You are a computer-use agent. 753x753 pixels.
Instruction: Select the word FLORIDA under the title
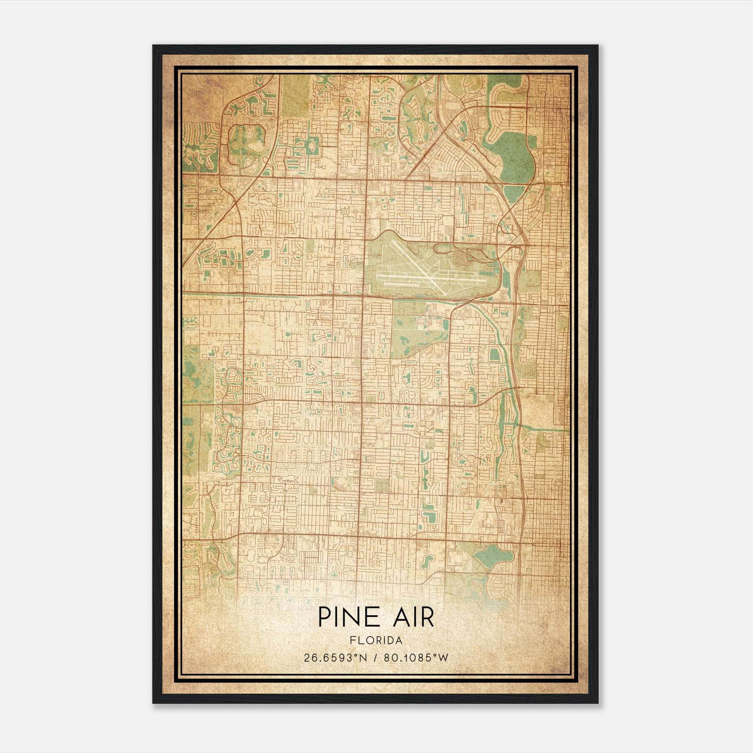376,641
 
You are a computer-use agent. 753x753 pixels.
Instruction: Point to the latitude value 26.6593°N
335,658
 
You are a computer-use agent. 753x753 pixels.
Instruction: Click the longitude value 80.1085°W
416,658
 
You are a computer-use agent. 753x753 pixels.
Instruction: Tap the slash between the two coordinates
376,658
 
